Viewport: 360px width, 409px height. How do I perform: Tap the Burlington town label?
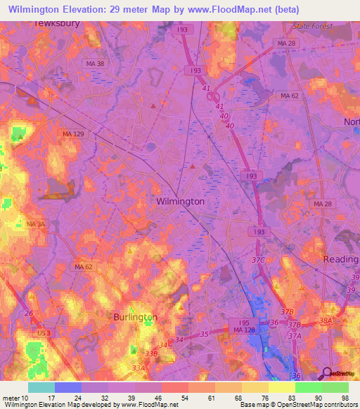coord(135,317)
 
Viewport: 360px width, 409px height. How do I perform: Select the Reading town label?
coord(341,259)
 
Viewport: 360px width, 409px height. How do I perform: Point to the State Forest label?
coord(311,26)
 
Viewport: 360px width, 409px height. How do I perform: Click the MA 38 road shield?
coord(95,64)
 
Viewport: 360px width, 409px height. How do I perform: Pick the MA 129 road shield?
coord(72,134)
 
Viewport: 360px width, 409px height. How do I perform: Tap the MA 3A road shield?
coord(36,223)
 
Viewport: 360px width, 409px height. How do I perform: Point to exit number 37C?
coord(258,261)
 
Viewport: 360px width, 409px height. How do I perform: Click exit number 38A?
coord(326,320)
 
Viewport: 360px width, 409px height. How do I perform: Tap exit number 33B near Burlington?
coord(150,353)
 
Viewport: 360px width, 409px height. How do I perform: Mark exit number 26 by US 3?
coord(28,313)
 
